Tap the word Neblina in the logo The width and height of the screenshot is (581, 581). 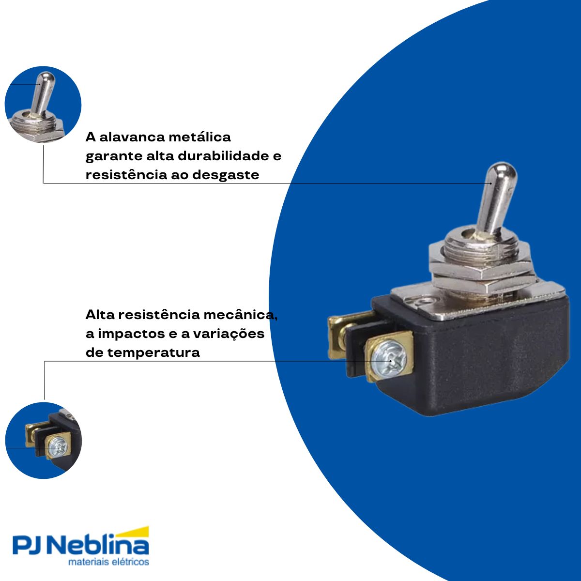100,546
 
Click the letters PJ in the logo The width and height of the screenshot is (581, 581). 30,546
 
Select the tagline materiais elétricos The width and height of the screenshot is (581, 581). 108,562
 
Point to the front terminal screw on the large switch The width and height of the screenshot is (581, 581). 390,359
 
